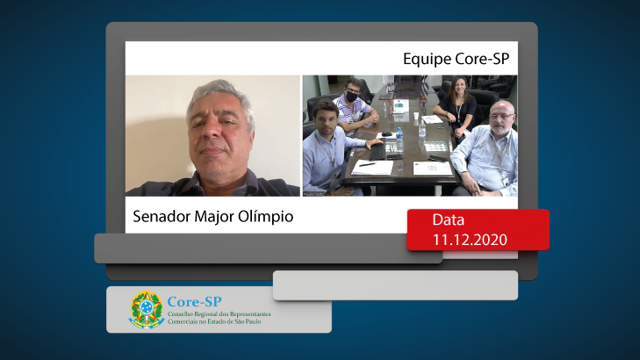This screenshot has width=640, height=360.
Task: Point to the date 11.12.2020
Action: (470, 240)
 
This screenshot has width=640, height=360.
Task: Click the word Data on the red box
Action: (448, 220)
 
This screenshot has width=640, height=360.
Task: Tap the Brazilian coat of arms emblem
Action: (147, 309)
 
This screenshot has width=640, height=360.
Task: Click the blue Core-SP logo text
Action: (195, 302)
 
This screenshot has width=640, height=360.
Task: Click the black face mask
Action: (352, 97)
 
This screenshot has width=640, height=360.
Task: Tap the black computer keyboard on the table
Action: (378, 151)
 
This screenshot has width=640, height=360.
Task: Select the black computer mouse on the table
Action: (386, 134)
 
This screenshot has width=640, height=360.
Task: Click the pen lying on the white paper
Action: (367, 164)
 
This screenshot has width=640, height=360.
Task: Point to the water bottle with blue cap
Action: (399, 140)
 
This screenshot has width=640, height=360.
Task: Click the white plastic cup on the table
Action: (415, 116)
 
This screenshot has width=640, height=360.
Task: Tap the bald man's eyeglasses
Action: (500, 117)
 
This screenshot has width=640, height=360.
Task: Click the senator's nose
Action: (212, 132)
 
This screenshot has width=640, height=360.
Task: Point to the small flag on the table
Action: (423, 101)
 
